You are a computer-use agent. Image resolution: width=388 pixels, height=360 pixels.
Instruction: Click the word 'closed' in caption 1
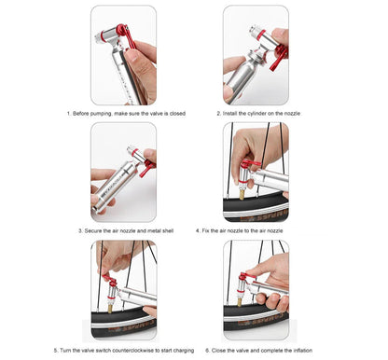[x=175, y=113]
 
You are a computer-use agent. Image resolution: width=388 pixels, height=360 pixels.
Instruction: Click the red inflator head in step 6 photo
[x=248, y=283]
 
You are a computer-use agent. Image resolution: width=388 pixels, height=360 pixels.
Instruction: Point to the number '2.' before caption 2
[x=219, y=113]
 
